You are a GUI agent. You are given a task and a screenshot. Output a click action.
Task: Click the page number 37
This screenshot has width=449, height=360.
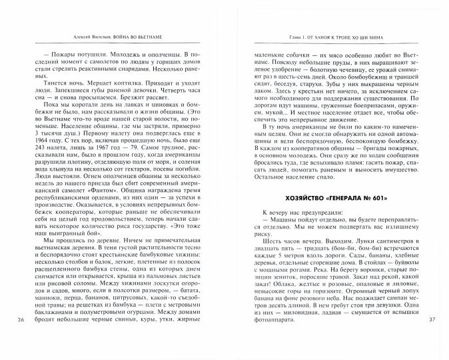click(x=430, y=339)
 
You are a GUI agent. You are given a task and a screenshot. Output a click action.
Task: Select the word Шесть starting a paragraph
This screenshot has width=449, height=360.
click(x=270, y=231)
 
